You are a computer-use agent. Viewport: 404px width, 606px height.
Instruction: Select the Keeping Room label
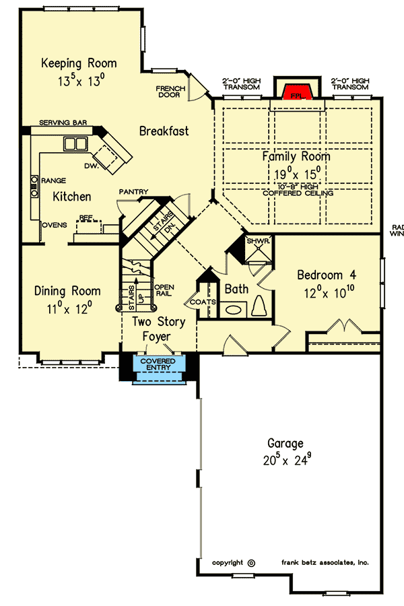(79, 63)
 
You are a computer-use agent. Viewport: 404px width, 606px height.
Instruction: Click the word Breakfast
(164, 131)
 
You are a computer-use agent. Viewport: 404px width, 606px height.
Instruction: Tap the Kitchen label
(72, 197)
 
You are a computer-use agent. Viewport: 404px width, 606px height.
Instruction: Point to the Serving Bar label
(63, 123)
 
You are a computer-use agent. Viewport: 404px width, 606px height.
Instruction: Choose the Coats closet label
(203, 302)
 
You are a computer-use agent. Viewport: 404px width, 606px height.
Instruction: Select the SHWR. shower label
(257, 240)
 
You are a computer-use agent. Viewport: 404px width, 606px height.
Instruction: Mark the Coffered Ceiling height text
(296, 193)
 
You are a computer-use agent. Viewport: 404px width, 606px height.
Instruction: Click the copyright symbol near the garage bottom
(251, 562)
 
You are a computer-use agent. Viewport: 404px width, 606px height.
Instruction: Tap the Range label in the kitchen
(53, 180)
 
